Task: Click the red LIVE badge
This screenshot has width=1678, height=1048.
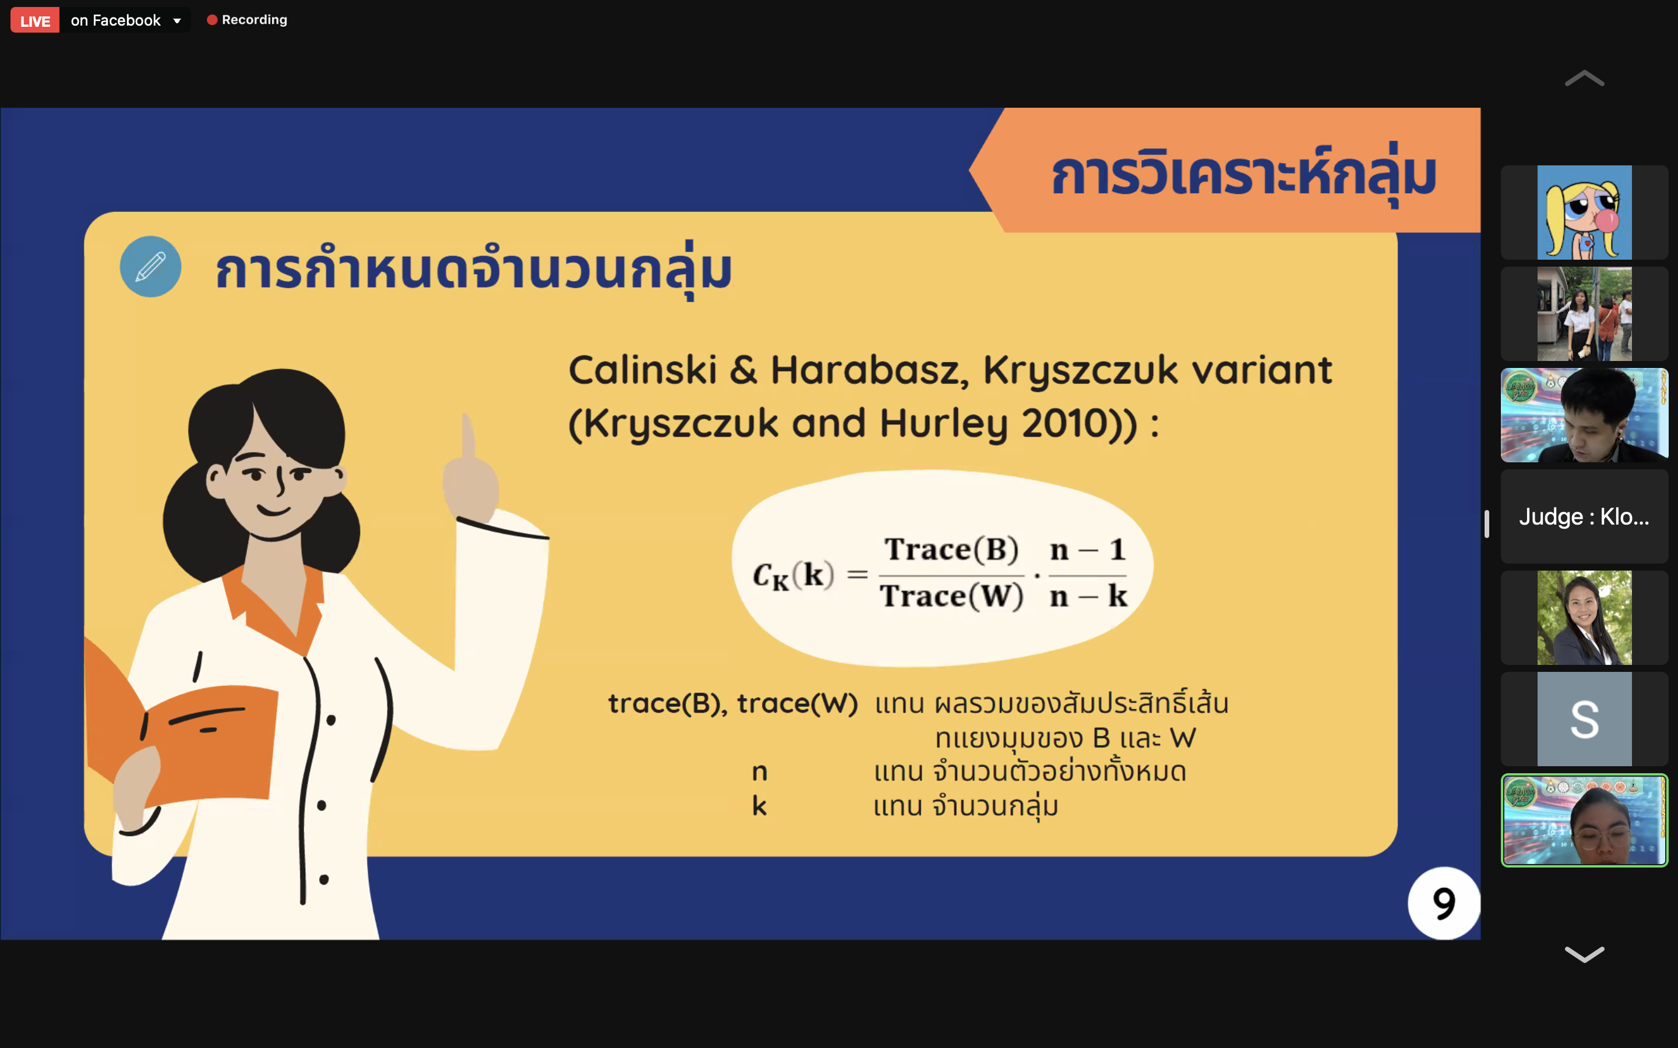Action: pyautogui.click(x=35, y=21)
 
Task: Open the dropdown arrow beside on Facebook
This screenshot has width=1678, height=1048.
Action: pyautogui.click(x=178, y=21)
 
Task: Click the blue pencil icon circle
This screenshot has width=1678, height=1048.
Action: pyautogui.click(x=150, y=267)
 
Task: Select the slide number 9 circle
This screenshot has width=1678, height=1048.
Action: pyautogui.click(x=1444, y=903)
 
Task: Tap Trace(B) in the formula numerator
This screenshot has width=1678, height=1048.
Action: pyautogui.click(x=951, y=550)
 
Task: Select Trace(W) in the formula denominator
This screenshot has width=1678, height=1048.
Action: pyautogui.click(x=951, y=596)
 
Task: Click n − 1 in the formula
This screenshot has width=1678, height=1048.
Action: pyautogui.click(x=1087, y=550)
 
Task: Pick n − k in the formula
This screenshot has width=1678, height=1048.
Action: pyautogui.click(x=1088, y=596)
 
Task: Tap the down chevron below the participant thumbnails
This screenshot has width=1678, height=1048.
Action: pyautogui.click(x=1584, y=954)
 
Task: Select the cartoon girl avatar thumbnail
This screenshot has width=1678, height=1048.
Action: pyautogui.click(x=1584, y=213)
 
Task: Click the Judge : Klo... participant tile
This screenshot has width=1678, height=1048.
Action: pyautogui.click(x=1584, y=516)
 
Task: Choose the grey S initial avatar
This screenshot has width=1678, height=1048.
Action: pyautogui.click(x=1584, y=719)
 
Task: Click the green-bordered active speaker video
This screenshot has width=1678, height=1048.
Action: pyautogui.click(x=1584, y=821)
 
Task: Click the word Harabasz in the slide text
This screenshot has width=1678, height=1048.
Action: pyautogui.click(x=870, y=370)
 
